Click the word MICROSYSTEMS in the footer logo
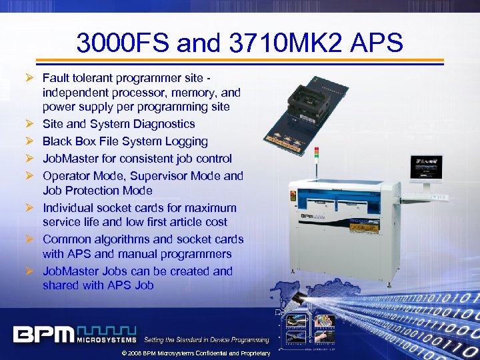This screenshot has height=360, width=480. click(x=106, y=341)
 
